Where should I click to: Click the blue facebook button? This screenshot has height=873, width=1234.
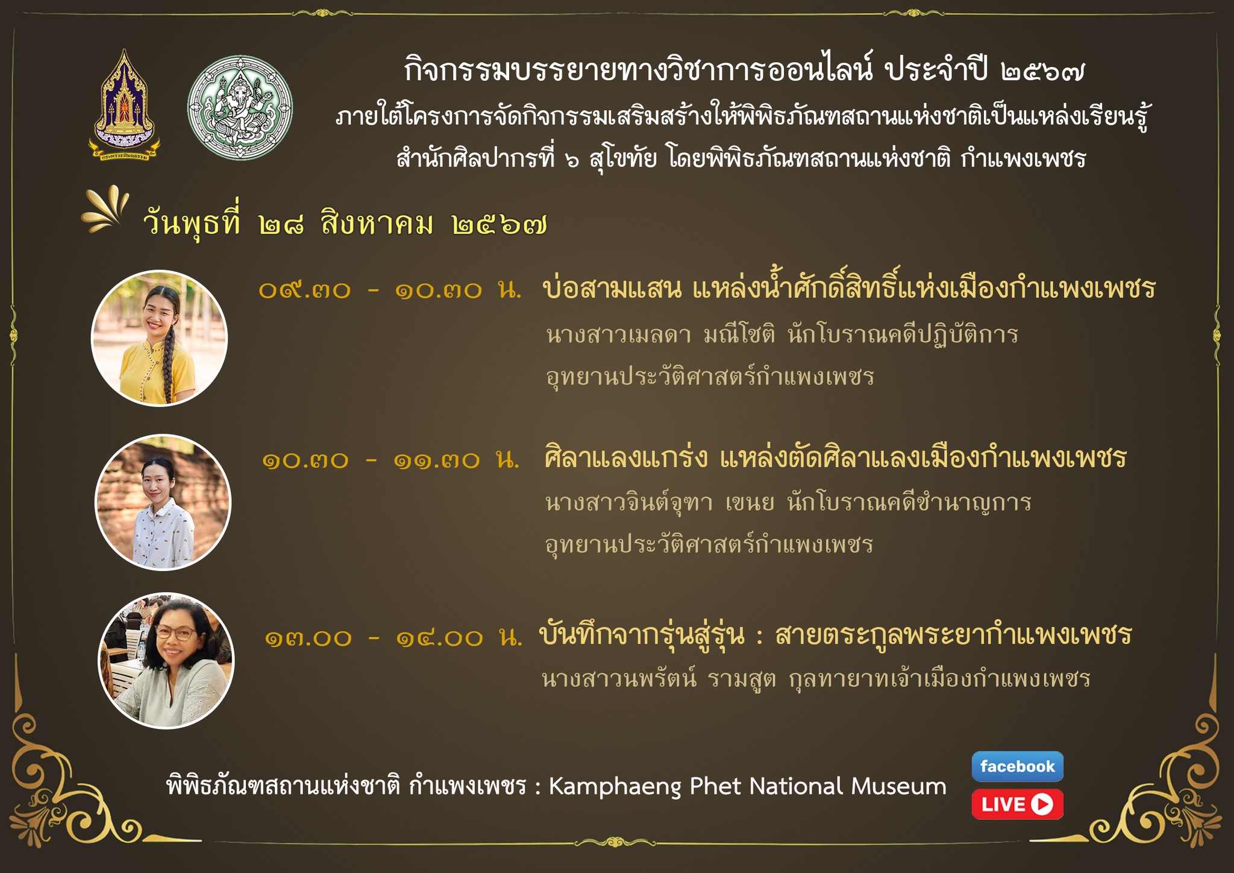tap(1017, 766)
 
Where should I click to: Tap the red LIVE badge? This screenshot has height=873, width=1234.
tap(1017, 804)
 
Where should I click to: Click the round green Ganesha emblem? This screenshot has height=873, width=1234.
tap(240, 108)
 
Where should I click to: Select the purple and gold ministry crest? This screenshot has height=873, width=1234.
tap(125, 106)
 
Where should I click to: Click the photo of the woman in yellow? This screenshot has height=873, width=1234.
tap(159, 338)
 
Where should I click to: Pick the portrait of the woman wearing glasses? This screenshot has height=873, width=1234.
tap(166, 661)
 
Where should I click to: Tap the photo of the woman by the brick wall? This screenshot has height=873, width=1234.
tap(163, 502)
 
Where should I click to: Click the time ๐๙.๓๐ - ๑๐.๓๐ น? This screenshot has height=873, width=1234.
tap(390, 291)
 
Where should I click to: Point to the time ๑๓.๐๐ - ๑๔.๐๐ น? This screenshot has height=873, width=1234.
tap(393, 637)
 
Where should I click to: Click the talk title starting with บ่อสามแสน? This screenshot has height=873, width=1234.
tap(849, 288)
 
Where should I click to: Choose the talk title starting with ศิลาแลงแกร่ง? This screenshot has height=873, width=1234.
tap(835, 457)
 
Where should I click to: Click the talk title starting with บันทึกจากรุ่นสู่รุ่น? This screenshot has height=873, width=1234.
tap(836, 635)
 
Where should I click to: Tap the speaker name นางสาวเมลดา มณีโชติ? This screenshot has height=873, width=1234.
tap(660, 334)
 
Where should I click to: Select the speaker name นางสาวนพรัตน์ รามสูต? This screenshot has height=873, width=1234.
tap(659, 679)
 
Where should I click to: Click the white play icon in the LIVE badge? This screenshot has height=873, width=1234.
tap(1042, 804)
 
